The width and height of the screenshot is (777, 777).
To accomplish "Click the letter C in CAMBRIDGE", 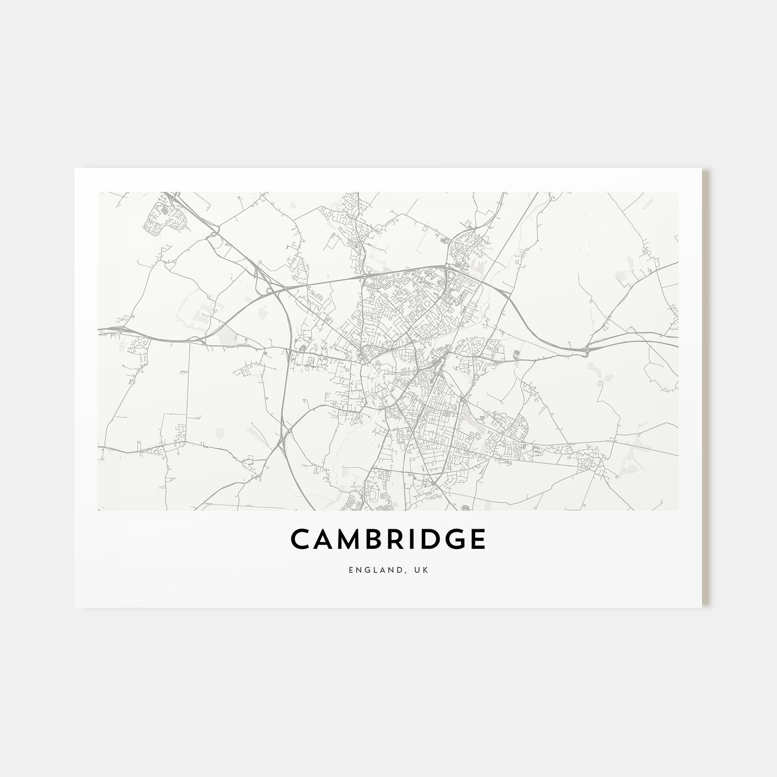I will point(300,540).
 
